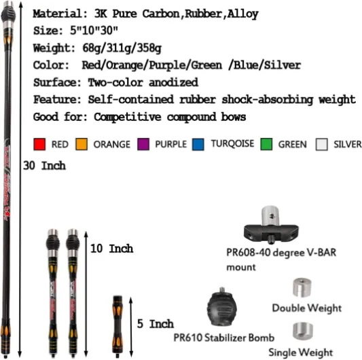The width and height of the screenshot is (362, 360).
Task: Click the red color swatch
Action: [x=39, y=144]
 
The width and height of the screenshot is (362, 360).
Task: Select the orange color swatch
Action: [x=82, y=144]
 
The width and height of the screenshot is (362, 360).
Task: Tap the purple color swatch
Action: [x=143, y=144]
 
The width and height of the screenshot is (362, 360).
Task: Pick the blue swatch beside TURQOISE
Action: [x=198, y=144]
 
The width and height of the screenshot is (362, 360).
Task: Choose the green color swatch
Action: [x=266, y=144]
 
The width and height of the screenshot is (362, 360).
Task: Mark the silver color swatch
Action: [x=322, y=144]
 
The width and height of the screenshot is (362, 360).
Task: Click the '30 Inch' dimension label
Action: [x=44, y=166]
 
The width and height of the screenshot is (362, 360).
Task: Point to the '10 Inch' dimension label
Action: [x=112, y=249]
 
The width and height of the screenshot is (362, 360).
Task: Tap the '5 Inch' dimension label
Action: [x=155, y=324]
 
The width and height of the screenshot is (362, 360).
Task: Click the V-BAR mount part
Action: [x=271, y=226]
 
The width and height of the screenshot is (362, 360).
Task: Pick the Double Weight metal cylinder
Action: [x=302, y=288]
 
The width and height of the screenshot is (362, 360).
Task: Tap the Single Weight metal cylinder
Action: [x=303, y=331]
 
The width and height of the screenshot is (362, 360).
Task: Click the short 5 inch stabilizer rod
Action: [x=117, y=327]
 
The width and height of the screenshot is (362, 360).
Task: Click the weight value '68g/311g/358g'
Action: [x=122, y=48]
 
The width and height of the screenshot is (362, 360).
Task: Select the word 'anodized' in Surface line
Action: [x=173, y=82]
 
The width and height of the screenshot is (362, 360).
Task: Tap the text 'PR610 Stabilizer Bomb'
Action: [x=223, y=338]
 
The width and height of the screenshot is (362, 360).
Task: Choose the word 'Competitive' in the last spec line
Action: [x=128, y=117]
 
